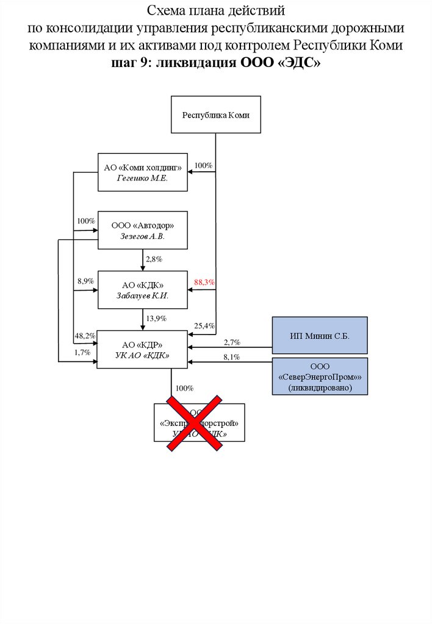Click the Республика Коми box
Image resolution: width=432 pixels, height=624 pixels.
(216, 115)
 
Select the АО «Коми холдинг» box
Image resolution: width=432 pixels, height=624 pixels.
(143, 172)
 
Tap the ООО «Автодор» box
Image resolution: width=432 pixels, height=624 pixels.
(143, 230)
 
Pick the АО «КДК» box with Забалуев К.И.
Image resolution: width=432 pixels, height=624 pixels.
(143, 289)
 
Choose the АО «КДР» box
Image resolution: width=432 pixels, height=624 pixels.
(143, 349)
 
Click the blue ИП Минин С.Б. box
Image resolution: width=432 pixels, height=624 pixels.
(320, 335)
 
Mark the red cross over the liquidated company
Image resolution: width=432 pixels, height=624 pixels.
(195, 422)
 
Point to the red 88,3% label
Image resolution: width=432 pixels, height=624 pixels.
(204, 283)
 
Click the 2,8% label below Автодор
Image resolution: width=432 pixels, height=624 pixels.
(153, 259)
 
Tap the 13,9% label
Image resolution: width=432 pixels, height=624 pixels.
(156, 318)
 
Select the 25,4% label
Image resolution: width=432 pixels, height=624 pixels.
(204, 325)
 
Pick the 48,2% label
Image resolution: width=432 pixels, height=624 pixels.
(84, 336)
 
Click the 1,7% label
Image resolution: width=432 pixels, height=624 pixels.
(82, 352)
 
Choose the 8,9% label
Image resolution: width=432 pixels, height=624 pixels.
(85, 281)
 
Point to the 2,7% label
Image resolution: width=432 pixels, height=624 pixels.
(232, 342)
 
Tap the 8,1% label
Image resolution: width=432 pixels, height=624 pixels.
(232, 356)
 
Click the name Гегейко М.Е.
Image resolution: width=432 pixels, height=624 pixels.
(143, 179)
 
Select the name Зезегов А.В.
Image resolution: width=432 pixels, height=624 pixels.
(143, 236)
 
